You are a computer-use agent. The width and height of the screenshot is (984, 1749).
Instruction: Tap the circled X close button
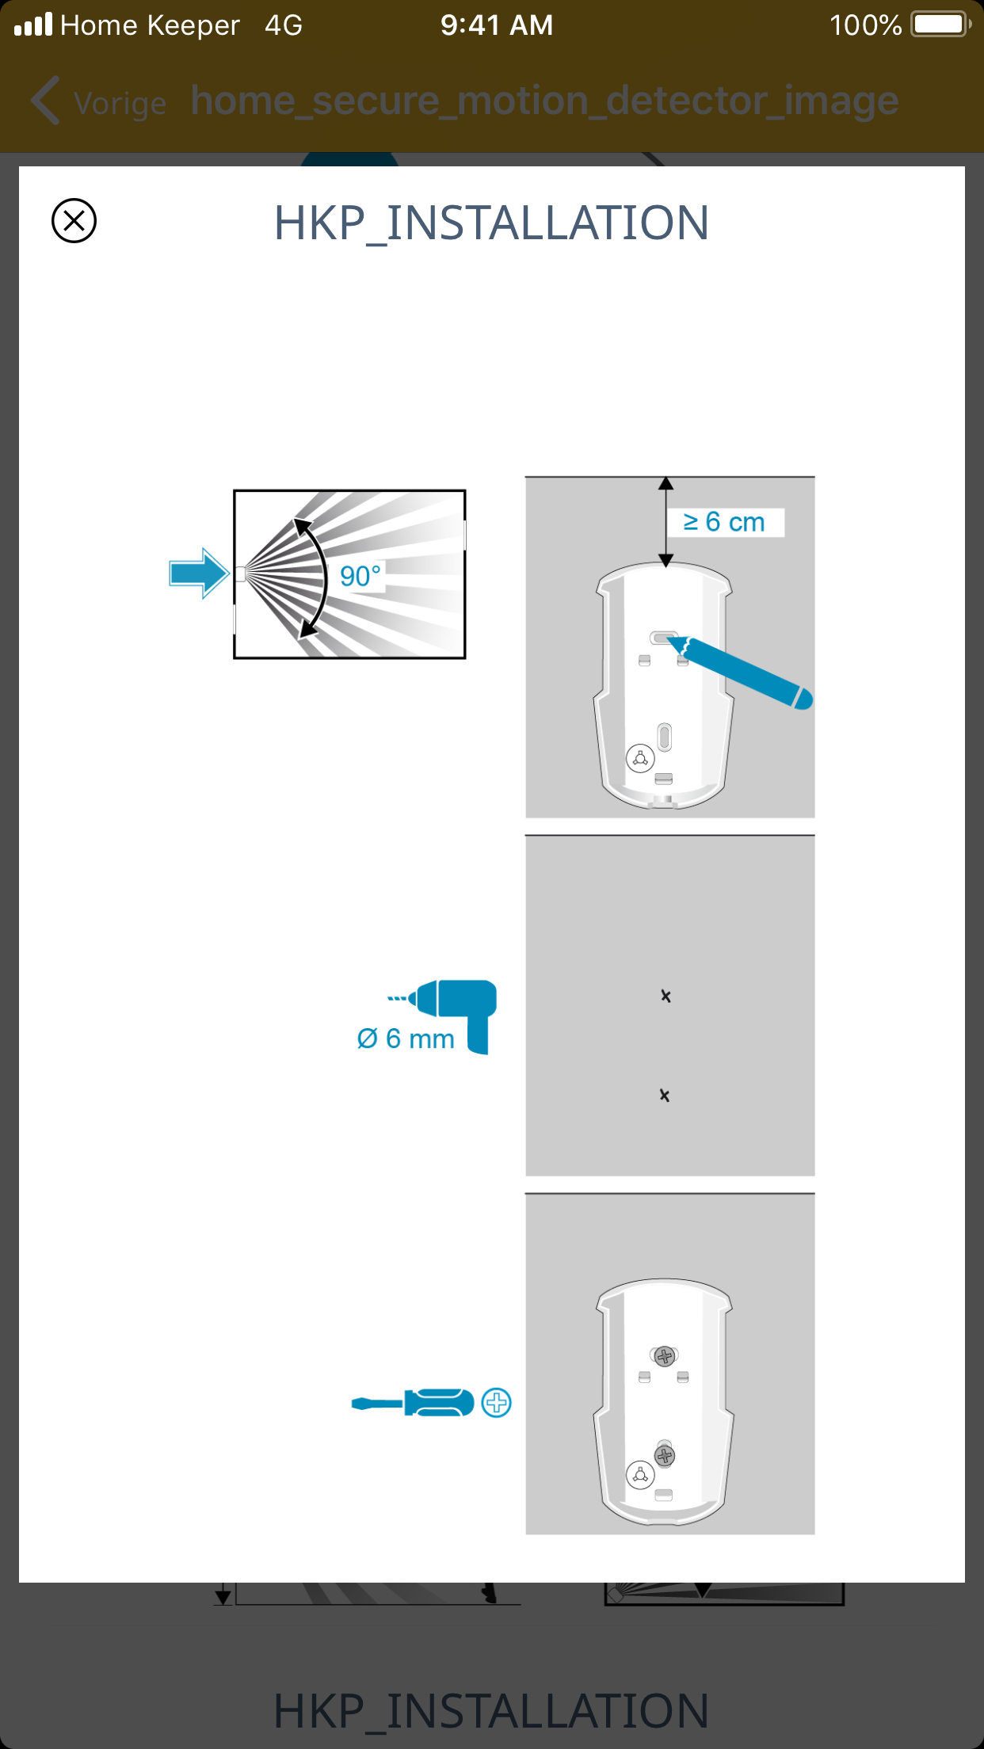coord(74,220)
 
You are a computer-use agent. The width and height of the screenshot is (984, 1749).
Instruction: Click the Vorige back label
coord(120,104)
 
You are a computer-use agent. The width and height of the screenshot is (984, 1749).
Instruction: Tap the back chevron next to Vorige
coord(46,101)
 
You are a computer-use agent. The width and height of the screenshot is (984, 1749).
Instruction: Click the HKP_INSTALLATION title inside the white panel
coord(491,223)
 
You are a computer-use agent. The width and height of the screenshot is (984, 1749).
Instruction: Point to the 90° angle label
coord(360,576)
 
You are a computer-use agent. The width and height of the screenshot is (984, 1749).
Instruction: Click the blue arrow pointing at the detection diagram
coord(199,573)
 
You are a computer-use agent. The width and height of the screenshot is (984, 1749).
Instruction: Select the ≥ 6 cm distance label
coord(724,522)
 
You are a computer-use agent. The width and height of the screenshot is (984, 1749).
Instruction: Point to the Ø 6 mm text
coord(406,1038)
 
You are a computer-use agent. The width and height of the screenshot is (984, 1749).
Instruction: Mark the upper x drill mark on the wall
coord(666,996)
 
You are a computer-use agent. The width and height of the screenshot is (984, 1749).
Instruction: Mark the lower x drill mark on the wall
coord(665,1095)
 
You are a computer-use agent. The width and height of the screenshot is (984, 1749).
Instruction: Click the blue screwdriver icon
coord(413,1403)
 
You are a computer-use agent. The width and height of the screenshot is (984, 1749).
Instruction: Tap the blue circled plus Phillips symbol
coord(497,1403)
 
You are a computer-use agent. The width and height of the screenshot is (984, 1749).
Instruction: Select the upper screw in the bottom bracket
coord(665,1356)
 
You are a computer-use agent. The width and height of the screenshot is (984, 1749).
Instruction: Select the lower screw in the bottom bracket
coord(665,1455)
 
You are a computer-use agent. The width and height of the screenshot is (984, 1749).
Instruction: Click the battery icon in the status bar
coord(940,25)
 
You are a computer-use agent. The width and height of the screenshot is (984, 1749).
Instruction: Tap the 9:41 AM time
coord(497,25)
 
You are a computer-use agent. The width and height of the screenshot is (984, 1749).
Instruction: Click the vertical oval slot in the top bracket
coord(665,737)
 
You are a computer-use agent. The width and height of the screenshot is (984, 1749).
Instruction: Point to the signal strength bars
coord(33,25)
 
